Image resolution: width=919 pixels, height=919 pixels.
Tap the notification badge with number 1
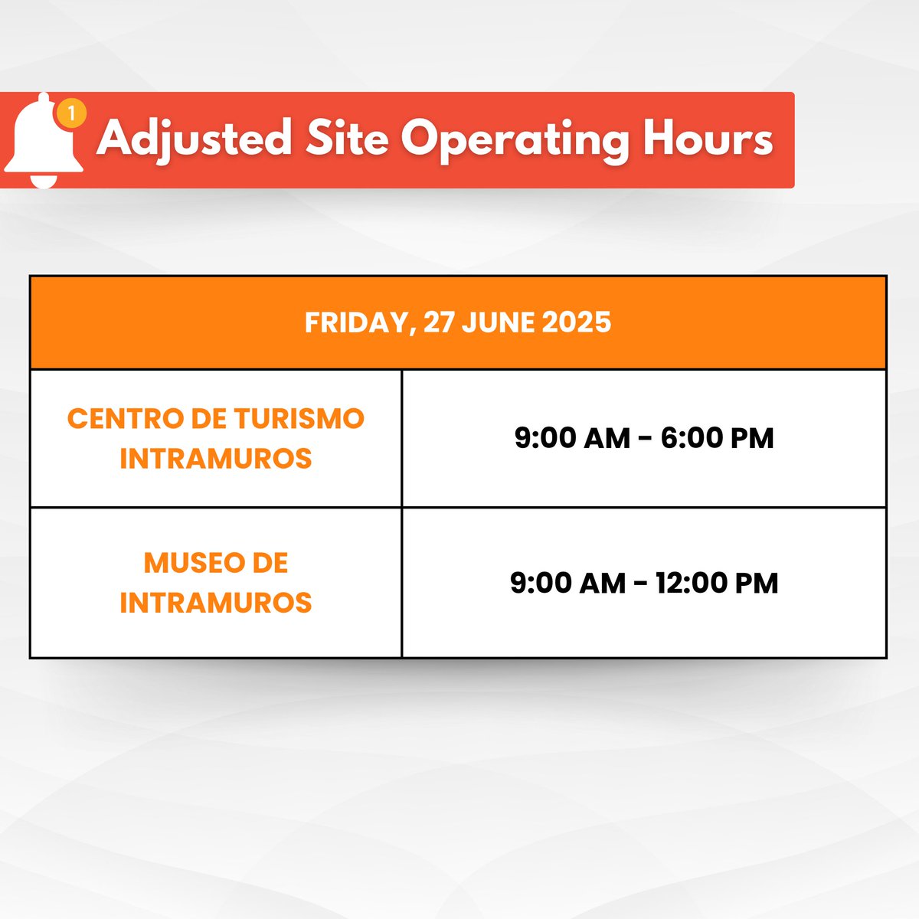coord(71,114)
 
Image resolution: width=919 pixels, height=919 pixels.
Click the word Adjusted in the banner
coord(195,140)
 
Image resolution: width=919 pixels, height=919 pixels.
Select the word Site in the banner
coord(347,139)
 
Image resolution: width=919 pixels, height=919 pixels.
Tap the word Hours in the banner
coord(708,139)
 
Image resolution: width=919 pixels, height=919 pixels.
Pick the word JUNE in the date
coord(499,322)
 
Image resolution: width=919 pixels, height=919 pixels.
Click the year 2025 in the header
coord(576,322)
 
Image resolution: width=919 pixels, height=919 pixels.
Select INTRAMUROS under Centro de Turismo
coord(216,459)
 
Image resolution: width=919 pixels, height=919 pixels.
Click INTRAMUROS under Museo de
coord(216,603)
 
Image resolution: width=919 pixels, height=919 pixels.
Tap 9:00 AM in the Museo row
coord(567,583)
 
